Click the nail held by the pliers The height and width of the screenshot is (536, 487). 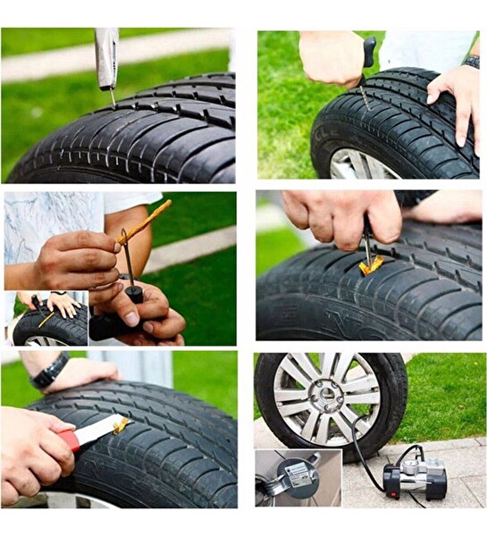112,97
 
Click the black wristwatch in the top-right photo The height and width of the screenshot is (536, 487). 472,62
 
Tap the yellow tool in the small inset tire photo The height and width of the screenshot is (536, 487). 46,319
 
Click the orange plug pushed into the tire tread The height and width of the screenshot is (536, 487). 370,264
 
